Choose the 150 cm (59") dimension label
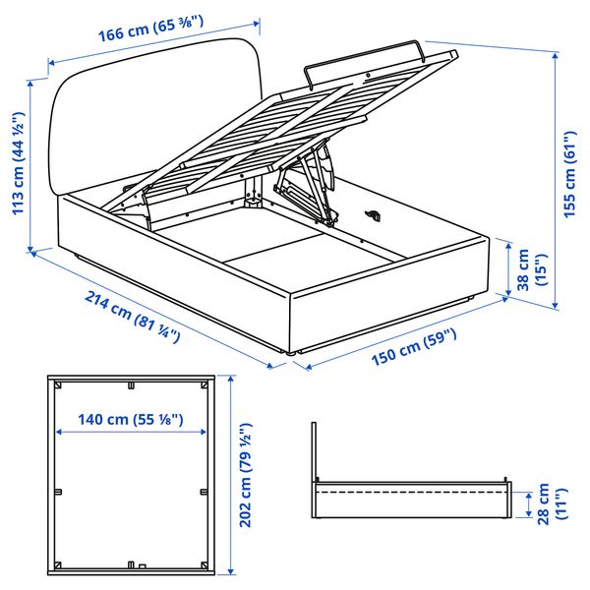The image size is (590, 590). [x=414, y=352]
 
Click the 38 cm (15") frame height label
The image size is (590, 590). [x=529, y=268]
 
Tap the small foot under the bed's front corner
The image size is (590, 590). [x=291, y=351]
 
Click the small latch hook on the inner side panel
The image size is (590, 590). [x=374, y=213]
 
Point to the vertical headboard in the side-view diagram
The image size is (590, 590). [x=314, y=453]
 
